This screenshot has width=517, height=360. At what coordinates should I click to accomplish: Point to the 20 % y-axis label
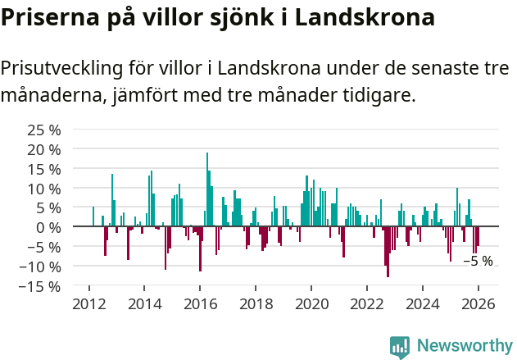[44, 149]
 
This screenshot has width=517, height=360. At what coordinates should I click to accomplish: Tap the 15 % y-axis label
[44, 169]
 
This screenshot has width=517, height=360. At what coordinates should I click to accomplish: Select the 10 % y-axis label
[44, 189]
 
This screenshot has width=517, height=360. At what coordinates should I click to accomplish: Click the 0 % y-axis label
[49, 227]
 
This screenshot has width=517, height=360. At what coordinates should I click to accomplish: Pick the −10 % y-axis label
[40, 267]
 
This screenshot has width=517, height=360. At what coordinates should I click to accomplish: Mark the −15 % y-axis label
[40, 286]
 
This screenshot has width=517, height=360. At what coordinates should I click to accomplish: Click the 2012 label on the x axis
[89, 304]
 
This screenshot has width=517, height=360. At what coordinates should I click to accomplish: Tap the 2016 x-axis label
[201, 304]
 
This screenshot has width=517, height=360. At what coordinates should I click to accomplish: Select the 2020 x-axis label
[311, 304]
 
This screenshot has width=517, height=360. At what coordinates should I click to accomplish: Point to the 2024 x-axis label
[423, 304]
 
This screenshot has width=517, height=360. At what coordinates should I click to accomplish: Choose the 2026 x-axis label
[478, 304]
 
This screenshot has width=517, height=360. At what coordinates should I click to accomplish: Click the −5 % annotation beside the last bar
[478, 262]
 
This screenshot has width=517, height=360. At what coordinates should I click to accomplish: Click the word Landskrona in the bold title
[365, 18]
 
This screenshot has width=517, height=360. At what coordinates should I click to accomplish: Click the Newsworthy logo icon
[400, 346]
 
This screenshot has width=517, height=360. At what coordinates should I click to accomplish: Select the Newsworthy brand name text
[464, 346]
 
